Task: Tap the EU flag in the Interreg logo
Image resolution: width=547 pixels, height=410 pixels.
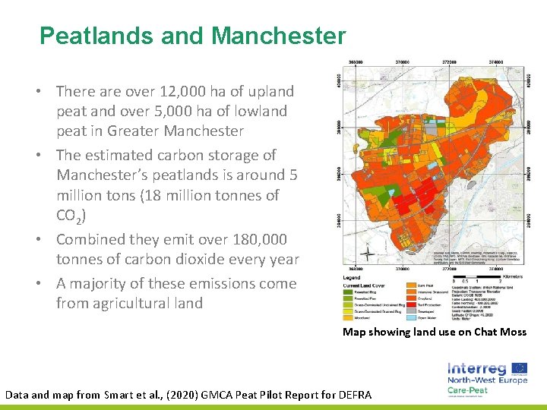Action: pyautogui.click(x=519, y=368)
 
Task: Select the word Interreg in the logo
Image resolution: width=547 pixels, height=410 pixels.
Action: pyautogui.click(x=475, y=367)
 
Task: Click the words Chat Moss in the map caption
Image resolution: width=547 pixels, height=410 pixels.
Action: pyautogui.click(x=498, y=332)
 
